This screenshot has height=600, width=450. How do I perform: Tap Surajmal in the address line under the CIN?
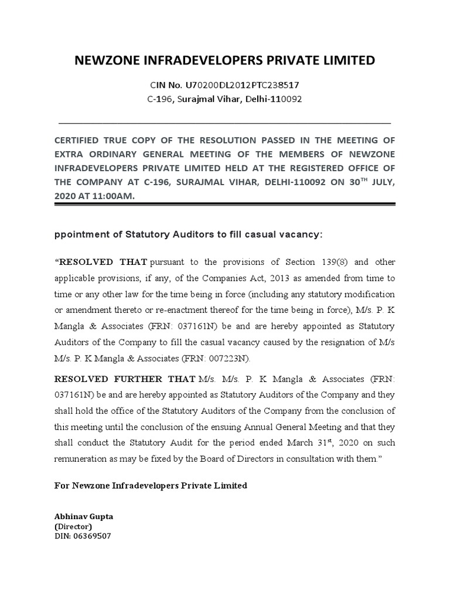(197, 99)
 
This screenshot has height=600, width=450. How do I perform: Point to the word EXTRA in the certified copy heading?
(70, 154)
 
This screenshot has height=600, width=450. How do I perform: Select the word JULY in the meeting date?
(383, 182)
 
